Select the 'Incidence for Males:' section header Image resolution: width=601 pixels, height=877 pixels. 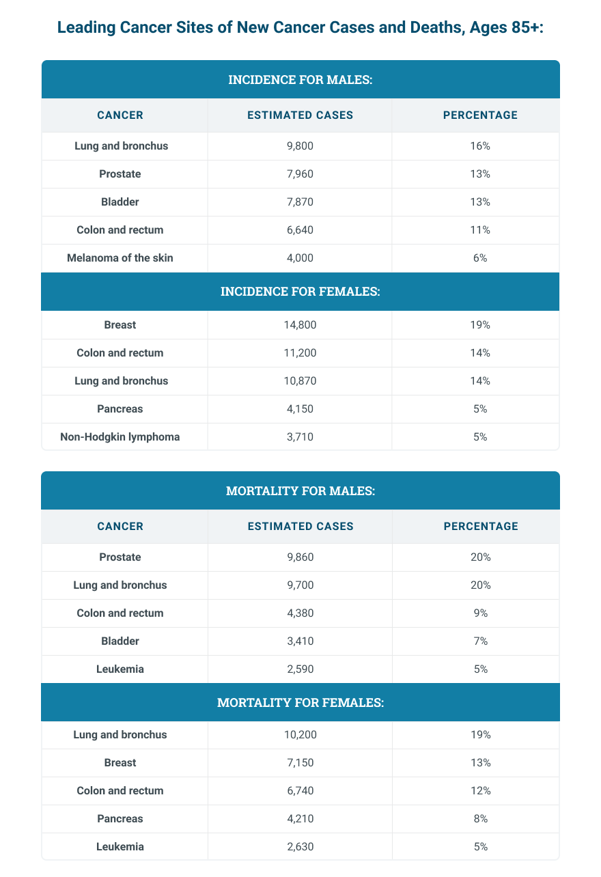(300, 80)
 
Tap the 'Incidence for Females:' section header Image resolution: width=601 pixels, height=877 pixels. (300, 292)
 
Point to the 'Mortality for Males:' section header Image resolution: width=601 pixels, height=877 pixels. (300, 491)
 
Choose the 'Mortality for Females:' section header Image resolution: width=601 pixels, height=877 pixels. (300, 702)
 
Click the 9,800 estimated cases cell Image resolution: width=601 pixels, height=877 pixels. (300, 146)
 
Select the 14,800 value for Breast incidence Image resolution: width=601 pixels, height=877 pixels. (300, 325)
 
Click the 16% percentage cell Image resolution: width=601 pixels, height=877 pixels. (480, 146)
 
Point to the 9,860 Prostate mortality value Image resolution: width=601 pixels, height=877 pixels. (300, 557)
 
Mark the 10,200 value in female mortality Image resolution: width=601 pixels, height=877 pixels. (300, 735)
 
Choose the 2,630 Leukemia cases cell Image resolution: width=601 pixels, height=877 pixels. (300, 847)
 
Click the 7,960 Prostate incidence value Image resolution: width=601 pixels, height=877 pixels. (300, 174)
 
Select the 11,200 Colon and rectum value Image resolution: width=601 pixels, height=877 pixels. (300, 353)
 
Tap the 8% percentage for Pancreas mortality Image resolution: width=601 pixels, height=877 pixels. (480, 819)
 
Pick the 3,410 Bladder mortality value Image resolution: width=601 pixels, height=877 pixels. (300, 641)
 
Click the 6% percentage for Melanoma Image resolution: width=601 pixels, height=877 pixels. (480, 258)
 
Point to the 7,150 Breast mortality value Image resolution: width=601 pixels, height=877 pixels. (300, 763)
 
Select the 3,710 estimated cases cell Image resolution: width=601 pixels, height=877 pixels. (300, 437)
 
